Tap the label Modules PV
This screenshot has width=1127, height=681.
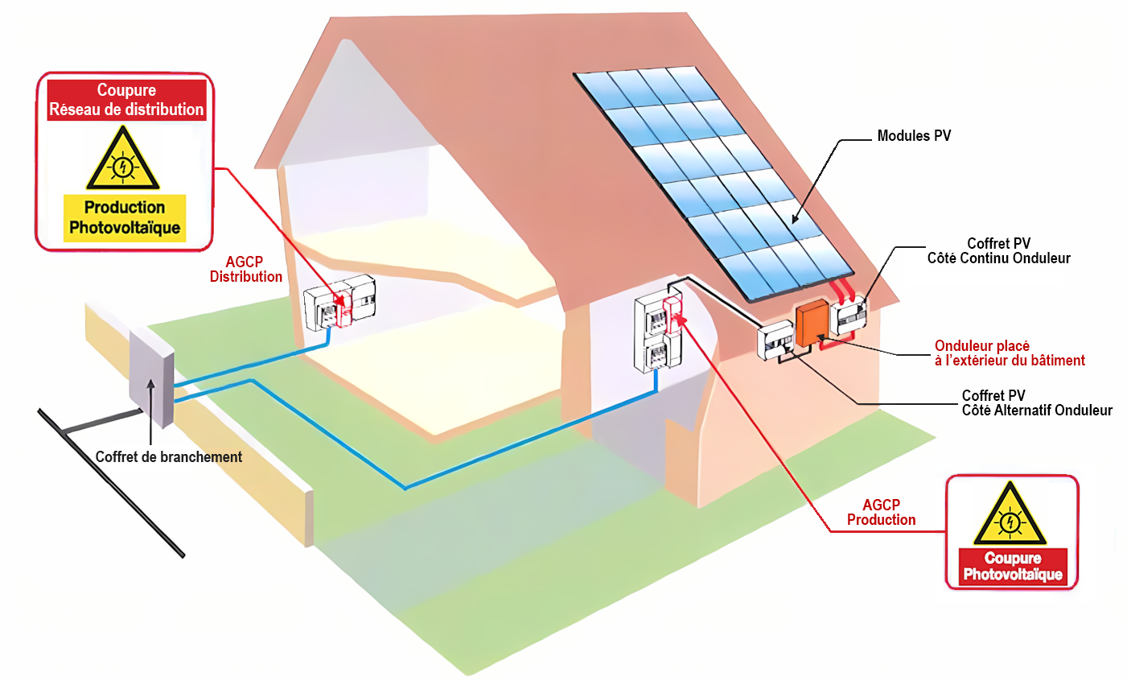pos(914,136)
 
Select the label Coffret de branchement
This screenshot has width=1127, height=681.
pos(168,457)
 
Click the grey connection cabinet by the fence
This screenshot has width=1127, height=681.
pos(151,378)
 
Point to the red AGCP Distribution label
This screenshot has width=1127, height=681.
pos(246,270)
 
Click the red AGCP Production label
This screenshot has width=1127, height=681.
pos(881,512)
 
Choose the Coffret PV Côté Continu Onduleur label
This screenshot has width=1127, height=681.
pos(998,250)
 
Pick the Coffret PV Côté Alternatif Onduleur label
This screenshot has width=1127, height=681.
pos(1037,402)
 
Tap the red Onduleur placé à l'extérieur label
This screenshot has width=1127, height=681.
pos(1010,353)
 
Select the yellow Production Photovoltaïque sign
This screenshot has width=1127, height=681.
pos(125,217)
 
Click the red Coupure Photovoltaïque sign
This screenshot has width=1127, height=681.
pos(1013,567)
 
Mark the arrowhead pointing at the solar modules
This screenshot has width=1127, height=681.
pos(793,218)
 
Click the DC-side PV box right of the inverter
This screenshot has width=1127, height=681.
pos(849,316)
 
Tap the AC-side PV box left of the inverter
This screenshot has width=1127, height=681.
pos(775,341)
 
